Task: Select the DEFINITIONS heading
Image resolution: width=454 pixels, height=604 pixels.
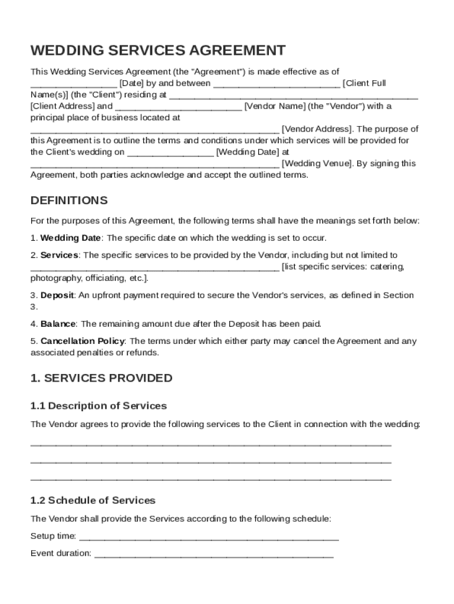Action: coord(69,201)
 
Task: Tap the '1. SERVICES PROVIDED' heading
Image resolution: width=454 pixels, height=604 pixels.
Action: coord(101,378)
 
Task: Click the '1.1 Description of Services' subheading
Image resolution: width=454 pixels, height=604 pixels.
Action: coord(98,406)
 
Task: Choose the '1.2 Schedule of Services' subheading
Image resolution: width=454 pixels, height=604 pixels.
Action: coord(93,500)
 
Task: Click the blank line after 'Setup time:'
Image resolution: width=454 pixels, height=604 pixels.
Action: coord(209,537)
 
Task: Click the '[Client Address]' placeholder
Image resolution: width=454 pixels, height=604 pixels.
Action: coord(62,106)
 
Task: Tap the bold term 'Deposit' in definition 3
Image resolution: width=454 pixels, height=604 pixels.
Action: coord(57,295)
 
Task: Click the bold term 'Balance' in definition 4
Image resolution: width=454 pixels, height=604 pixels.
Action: coord(58,324)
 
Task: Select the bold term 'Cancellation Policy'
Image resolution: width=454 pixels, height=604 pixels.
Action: coord(83,341)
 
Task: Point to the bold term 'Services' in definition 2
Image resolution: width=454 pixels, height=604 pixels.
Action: coord(59,255)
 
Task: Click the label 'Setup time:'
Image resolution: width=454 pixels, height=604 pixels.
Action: coord(53,536)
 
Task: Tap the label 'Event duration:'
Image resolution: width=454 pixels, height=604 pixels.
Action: coord(61,553)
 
